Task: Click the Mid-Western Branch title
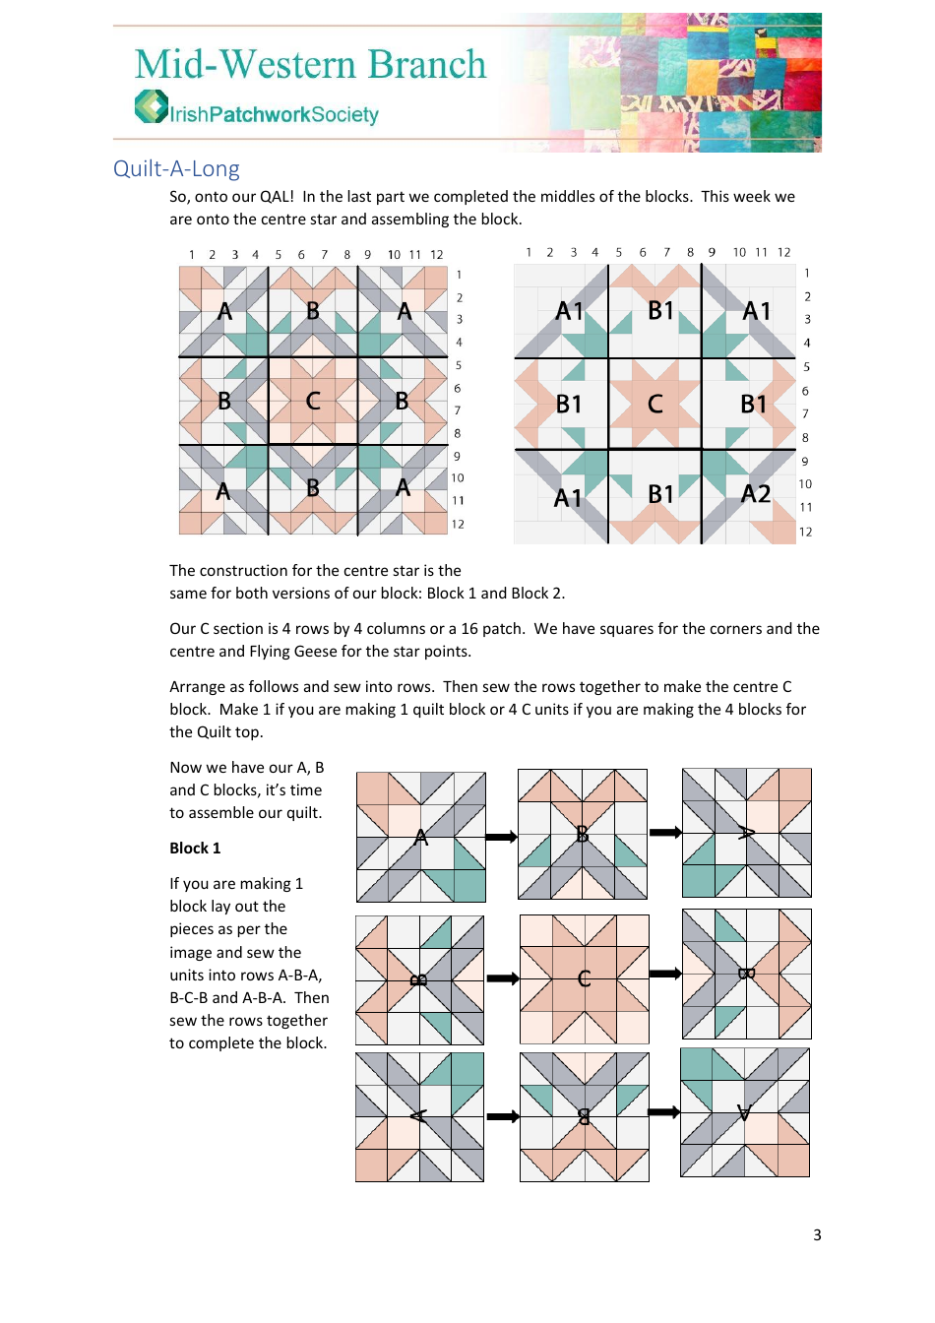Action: [x=310, y=65]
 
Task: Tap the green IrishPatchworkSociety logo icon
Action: [x=151, y=106]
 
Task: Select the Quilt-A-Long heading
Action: [x=176, y=168]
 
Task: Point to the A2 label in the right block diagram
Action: [x=755, y=493]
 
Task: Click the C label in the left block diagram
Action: [x=313, y=401]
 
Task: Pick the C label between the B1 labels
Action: [x=654, y=404]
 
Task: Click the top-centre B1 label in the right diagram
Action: [x=660, y=311]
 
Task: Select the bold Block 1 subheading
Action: [x=195, y=848]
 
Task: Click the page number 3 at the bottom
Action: [x=816, y=1234]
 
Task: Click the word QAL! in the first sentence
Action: [x=277, y=196]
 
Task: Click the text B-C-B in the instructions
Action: [x=188, y=997]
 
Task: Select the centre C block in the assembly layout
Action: [x=584, y=978]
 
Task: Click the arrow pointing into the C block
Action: [x=502, y=978]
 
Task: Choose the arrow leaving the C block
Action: [x=665, y=974]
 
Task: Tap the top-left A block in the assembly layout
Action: [x=420, y=837]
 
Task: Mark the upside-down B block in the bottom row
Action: [x=584, y=1116]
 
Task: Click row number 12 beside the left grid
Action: [x=458, y=524]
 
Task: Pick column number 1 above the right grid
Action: [x=529, y=252]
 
